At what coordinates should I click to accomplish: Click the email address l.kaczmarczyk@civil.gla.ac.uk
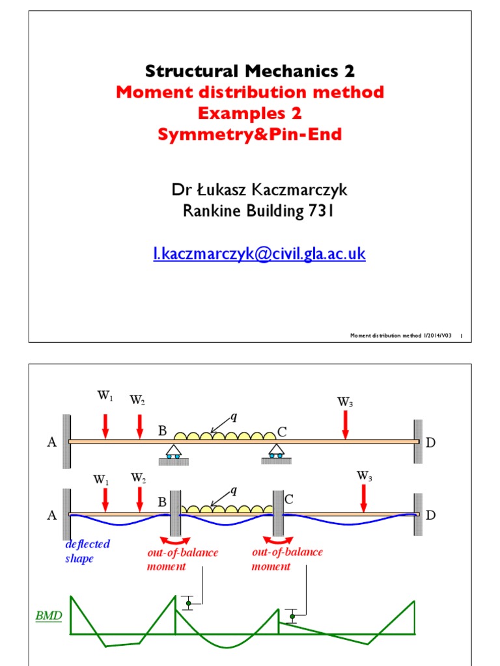tap(259, 254)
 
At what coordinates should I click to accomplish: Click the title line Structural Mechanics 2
tap(250, 70)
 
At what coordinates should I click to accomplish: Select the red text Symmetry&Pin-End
tap(250, 135)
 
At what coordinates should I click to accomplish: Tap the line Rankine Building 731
tap(250, 211)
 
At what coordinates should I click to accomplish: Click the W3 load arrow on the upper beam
tap(345, 424)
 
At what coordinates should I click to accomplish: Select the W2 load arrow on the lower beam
tap(139, 499)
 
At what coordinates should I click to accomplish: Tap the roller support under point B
tap(173, 453)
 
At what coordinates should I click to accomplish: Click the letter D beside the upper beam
tap(430, 443)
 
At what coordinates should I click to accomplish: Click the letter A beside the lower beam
tap(52, 515)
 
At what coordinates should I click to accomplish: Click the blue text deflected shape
tap(87, 551)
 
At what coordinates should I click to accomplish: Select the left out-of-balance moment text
tap(182, 559)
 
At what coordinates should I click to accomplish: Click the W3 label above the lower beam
tap(365, 475)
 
